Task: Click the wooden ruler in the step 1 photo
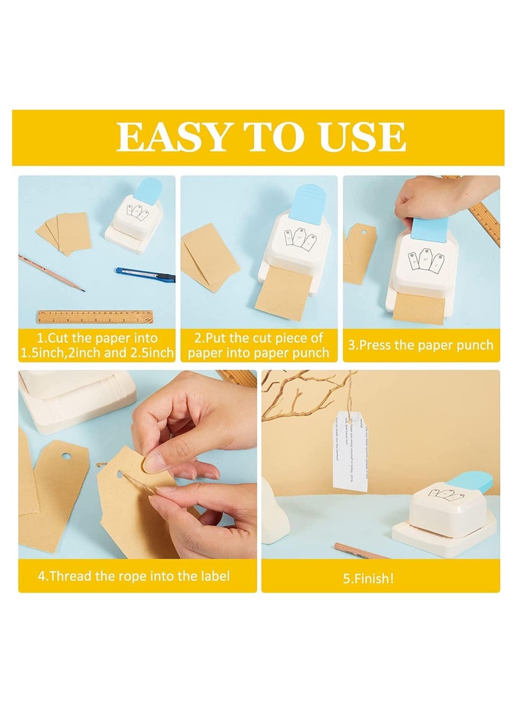(95, 317)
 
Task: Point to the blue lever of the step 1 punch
(147, 192)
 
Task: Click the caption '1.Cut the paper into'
(97, 338)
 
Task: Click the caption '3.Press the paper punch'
(421, 345)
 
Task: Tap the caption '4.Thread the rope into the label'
(134, 576)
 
